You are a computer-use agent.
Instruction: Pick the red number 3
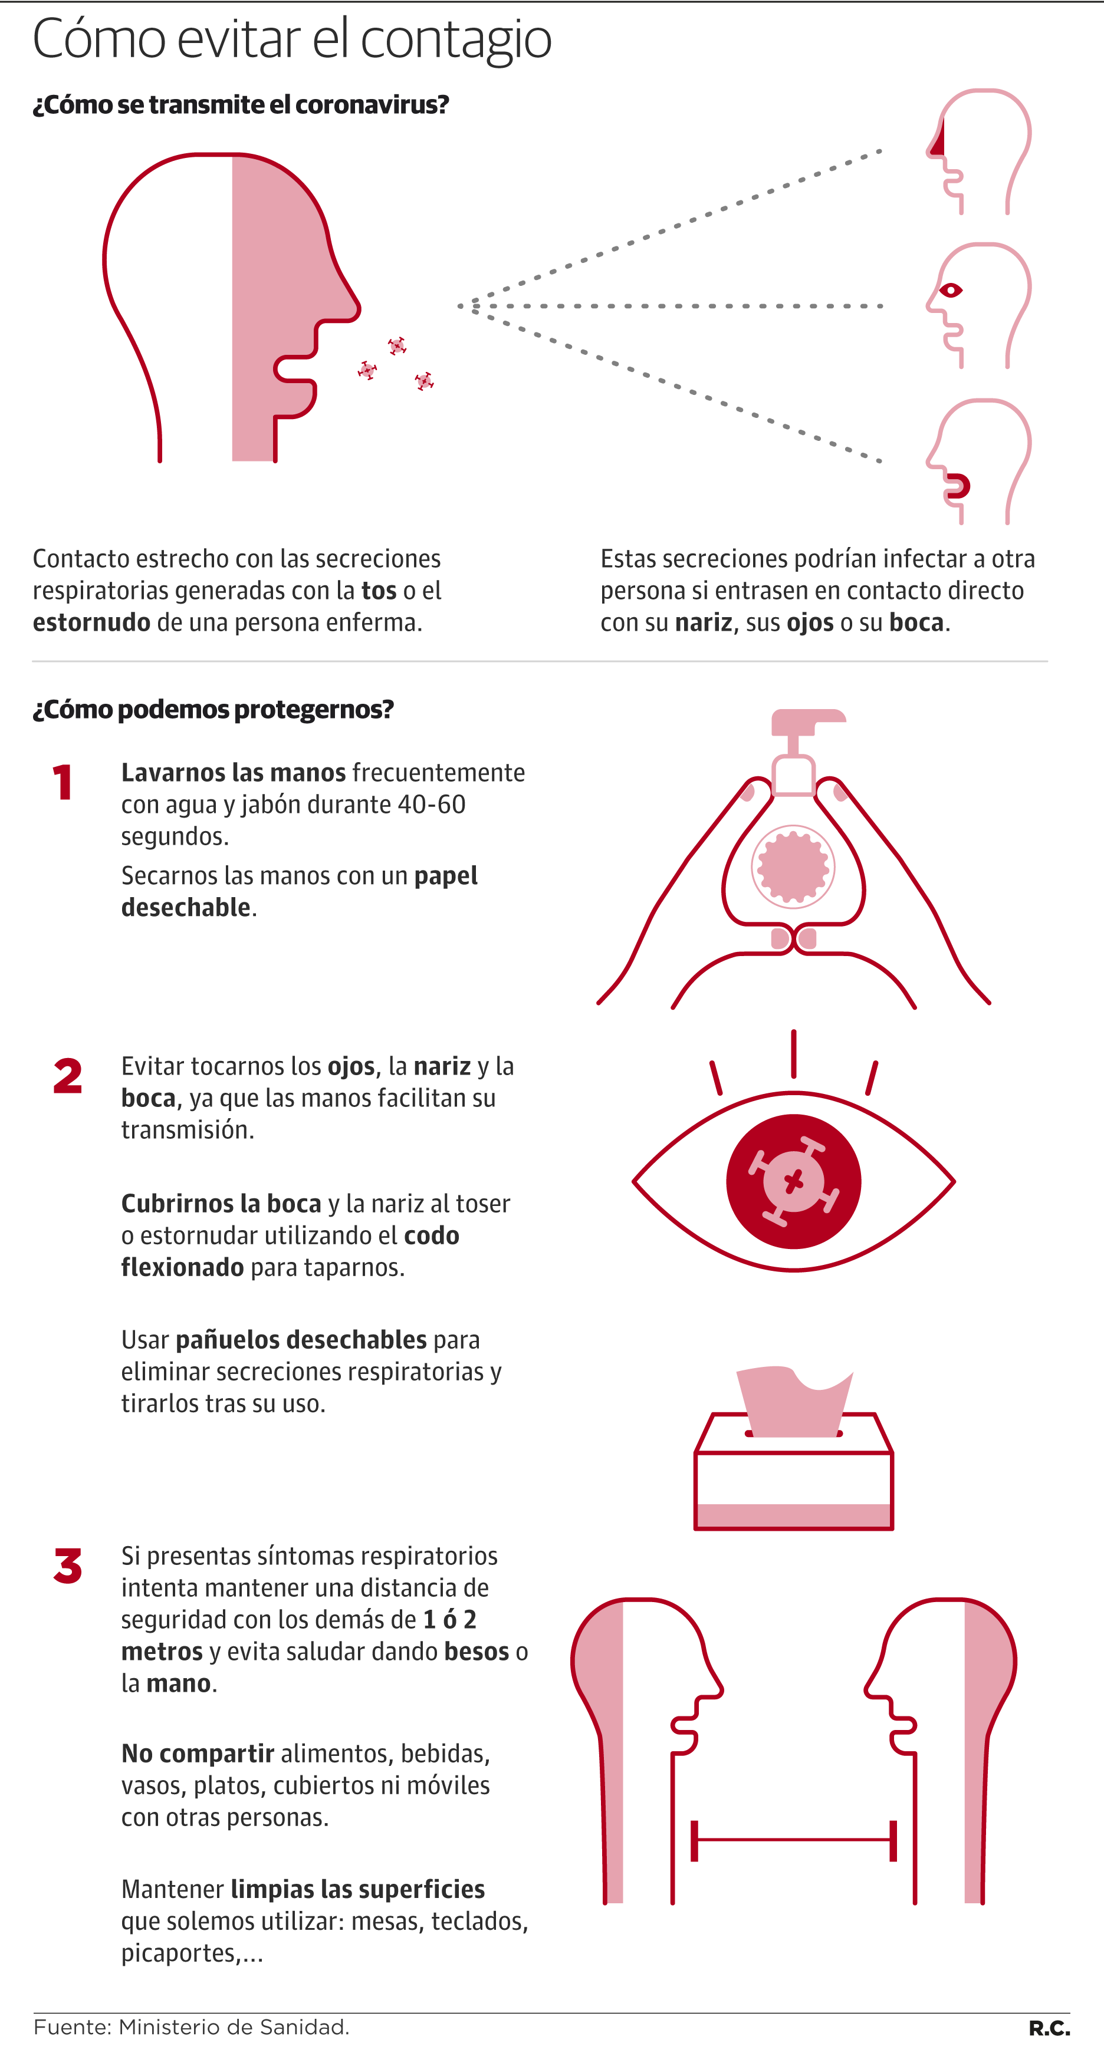click(x=68, y=1566)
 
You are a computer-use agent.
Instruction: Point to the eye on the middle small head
click(x=950, y=290)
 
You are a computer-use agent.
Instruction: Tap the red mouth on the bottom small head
click(x=959, y=485)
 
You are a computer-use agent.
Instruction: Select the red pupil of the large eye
click(x=793, y=1181)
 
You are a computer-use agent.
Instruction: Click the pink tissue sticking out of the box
click(x=793, y=1400)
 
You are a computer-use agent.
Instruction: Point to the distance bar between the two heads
click(x=793, y=1840)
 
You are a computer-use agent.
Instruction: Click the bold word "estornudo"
click(x=91, y=622)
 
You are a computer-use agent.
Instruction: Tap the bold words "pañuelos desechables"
click(x=301, y=1340)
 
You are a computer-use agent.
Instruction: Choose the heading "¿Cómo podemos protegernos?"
click(x=213, y=709)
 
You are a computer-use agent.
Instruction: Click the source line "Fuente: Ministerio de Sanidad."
click(x=191, y=2026)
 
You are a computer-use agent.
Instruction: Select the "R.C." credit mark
click(x=1049, y=2028)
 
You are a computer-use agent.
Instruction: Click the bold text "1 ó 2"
click(x=449, y=1619)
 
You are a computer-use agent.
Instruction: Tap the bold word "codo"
click(x=431, y=1235)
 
